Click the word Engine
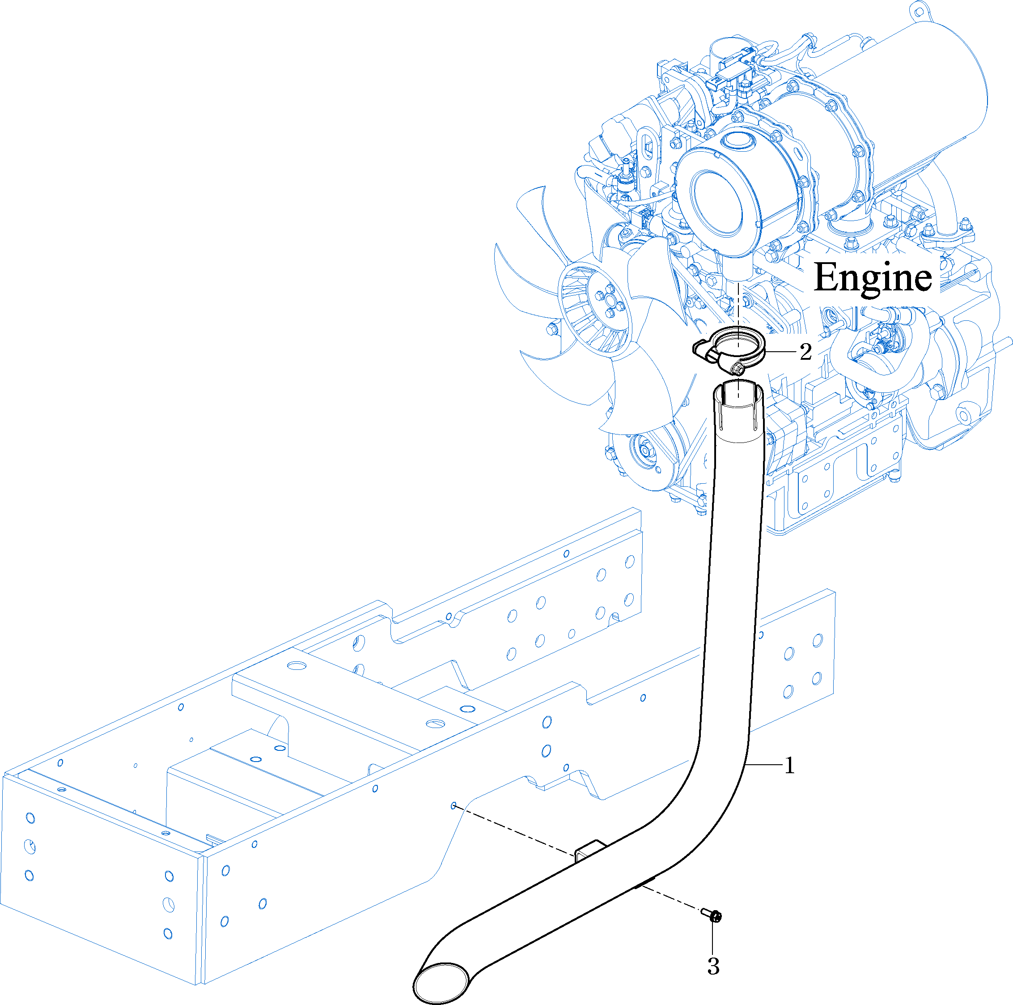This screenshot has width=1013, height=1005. (873, 278)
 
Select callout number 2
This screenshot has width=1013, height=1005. (806, 352)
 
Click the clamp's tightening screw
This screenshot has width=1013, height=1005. (737, 368)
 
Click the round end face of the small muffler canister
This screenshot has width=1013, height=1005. (717, 202)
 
